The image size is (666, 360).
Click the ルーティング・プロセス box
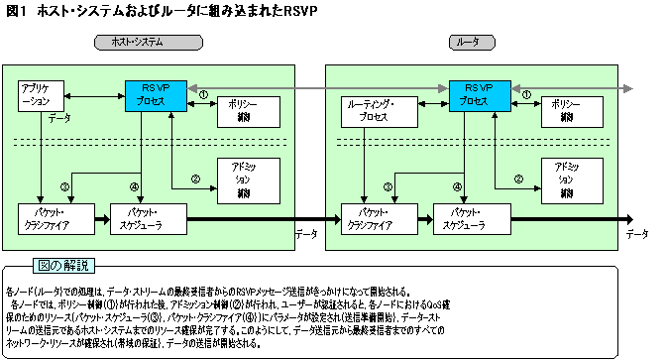(369, 109)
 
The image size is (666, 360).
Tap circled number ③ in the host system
(63, 185)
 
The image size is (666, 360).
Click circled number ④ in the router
(457, 185)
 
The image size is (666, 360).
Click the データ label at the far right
(637, 231)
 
